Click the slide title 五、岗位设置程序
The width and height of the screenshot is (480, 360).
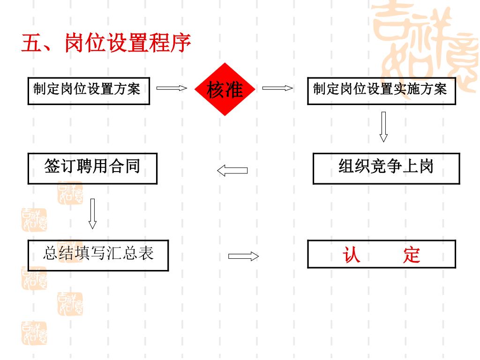pyautogui.click(x=106, y=43)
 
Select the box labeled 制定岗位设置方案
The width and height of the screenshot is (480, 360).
pyautogui.click(x=89, y=91)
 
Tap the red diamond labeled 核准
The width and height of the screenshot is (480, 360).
pyautogui.click(x=225, y=89)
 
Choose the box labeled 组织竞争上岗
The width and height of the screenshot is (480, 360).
pyautogui.click(x=386, y=168)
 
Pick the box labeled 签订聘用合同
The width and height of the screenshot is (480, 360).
pyautogui.click(x=92, y=168)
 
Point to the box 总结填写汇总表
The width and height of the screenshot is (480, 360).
pyautogui.click(x=98, y=255)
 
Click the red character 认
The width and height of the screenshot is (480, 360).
pyautogui.click(x=351, y=255)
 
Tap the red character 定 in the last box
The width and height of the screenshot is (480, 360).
pyautogui.click(x=411, y=255)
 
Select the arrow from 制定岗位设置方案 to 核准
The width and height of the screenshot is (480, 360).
pyautogui.click(x=172, y=88)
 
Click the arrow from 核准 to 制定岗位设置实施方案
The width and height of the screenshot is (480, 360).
pyautogui.click(x=277, y=88)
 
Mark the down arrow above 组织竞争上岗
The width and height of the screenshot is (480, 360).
pyautogui.click(x=383, y=126)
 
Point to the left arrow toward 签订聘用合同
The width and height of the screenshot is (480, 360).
pyautogui.click(x=232, y=170)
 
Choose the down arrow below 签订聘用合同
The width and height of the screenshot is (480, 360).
pyautogui.click(x=92, y=213)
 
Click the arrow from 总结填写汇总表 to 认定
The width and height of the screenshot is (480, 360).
pyautogui.click(x=243, y=256)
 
